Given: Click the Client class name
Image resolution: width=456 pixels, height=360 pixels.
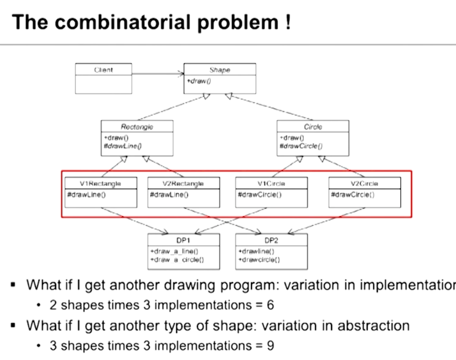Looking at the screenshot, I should [x=103, y=70].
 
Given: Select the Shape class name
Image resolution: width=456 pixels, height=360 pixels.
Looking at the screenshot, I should [x=220, y=70].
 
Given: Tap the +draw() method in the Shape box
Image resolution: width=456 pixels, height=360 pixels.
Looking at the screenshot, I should [x=199, y=81].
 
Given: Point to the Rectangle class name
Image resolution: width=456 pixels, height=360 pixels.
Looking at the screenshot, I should [x=137, y=127].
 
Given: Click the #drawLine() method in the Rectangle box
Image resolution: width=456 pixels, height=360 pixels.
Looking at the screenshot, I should [x=123, y=146].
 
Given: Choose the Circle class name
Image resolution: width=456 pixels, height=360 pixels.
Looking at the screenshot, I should [x=313, y=127].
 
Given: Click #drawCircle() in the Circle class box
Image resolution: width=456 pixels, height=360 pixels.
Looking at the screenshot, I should [x=301, y=146].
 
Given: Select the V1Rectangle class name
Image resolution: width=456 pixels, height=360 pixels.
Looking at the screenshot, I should [x=100, y=183].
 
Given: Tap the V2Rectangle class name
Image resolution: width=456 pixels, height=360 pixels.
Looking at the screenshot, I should [x=183, y=183].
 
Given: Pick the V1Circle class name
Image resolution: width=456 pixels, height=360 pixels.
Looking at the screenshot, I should [x=271, y=183].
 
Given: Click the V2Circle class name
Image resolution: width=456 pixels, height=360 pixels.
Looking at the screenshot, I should [x=364, y=183].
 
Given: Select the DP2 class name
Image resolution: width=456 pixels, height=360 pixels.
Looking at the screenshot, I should [x=271, y=240].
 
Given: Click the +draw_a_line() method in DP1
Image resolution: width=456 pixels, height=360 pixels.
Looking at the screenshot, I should [x=174, y=252].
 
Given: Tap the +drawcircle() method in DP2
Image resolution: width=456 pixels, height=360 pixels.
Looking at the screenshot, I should [x=259, y=260].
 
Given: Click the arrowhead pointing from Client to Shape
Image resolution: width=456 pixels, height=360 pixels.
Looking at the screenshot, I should [x=180, y=74].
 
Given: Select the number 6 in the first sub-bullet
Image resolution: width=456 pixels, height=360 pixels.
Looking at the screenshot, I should [x=270, y=305].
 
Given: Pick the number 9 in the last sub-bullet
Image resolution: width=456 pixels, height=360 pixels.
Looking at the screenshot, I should [x=270, y=346].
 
